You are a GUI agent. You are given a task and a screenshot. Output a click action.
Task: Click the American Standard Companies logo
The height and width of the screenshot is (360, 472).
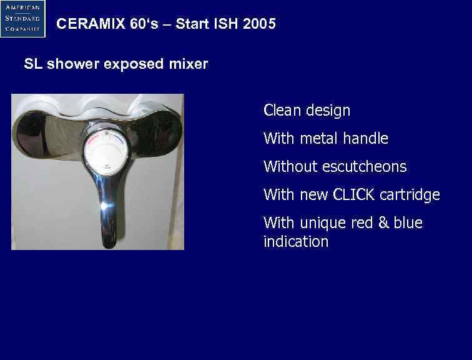[x=23, y=19]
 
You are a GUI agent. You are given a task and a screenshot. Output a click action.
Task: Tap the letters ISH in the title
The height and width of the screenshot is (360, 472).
[x=228, y=24]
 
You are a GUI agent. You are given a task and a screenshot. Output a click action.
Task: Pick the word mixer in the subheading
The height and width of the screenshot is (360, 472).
[x=189, y=64]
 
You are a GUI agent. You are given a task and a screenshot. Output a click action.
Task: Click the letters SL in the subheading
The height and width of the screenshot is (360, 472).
[x=32, y=64]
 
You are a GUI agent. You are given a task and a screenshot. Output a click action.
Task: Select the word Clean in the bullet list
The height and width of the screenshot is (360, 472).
[x=282, y=111]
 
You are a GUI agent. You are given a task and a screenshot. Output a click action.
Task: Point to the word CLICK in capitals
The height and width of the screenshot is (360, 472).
[x=355, y=195]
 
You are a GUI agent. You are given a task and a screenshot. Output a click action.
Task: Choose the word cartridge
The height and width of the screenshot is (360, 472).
[x=410, y=195]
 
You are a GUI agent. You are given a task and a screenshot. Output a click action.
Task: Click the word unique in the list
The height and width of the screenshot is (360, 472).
[x=320, y=223]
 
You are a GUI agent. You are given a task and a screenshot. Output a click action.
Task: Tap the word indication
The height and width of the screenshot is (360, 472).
[x=295, y=242]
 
